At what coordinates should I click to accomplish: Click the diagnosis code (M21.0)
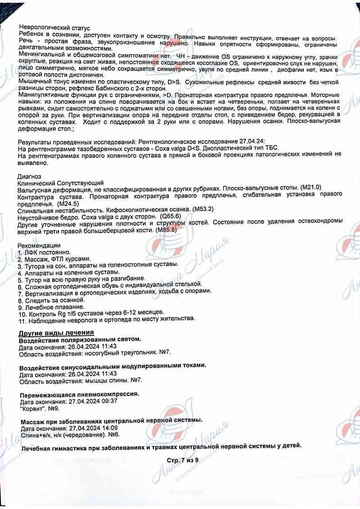pos(310,187)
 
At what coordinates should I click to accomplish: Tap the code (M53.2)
pos(202,210)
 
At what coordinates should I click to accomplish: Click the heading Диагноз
pos(29,176)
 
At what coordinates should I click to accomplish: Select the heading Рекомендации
pos(39,246)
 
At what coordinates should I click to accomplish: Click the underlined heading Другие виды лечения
pos(56,333)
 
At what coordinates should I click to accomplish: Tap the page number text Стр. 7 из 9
pos(182,460)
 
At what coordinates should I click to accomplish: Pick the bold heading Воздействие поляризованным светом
pos(80,339)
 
